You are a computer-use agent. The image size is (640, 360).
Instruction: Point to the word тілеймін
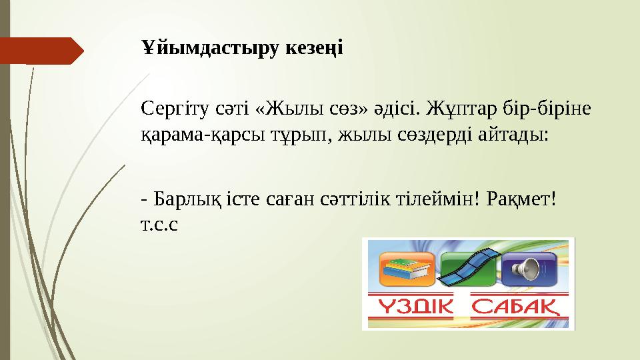[x=441, y=198]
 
